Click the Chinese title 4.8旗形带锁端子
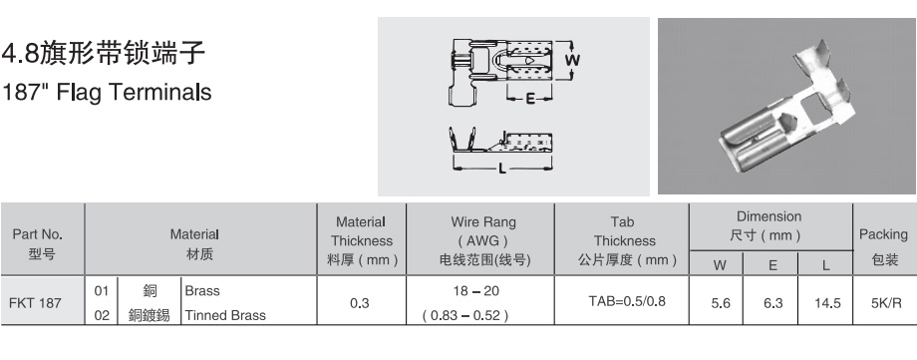tap(104, 54)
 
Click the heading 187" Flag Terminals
tap(107, 93)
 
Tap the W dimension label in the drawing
tap(572, 60)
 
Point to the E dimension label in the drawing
tap(530, 99)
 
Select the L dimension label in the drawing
tap(501, 170)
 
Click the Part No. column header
tap(38, 244)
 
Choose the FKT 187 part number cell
tap(35, 303)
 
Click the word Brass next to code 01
tap(202, 291)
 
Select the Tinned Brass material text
tap(225, 315)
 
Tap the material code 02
tap(102, 315)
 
